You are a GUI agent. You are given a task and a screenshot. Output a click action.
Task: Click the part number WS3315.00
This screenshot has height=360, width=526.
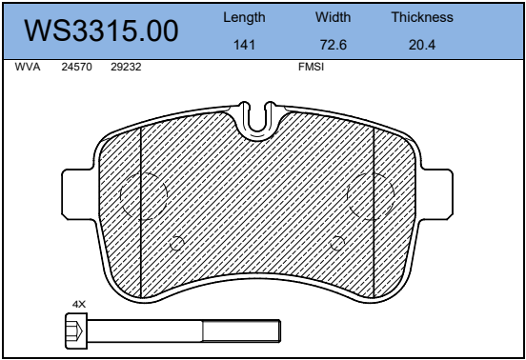pyautogui.click(x=101, y=30)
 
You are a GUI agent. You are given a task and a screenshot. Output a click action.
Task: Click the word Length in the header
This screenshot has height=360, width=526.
pyautogui.click(x=244, y=17)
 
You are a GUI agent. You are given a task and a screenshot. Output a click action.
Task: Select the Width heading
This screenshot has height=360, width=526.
pyautogui.click(x=334, y=17)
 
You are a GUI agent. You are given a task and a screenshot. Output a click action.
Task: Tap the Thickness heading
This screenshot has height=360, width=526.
pyautogui.click(x=422, y=17)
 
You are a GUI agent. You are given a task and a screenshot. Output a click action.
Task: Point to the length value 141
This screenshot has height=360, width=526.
pyautogui.click(x=244, y=45)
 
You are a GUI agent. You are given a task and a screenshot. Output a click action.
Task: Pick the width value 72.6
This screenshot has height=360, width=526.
pyautogui.click(x=334, y=45)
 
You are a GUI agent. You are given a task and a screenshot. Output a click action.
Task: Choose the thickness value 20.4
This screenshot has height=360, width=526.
pyautogui.click(x=422, y=45)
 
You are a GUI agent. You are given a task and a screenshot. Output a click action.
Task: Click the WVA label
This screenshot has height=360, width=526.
pyautogui.click(x=28, y=67)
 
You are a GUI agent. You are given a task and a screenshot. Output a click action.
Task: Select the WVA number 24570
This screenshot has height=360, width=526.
pyautogui.click(x=76, y=67)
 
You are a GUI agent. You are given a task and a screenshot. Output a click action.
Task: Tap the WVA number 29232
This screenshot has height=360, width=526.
pyautogui.click(x=126, y=67)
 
